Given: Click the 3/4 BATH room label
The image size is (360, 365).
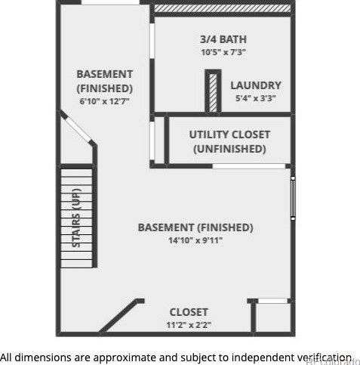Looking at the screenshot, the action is pyautogui.click(x=223, y=39).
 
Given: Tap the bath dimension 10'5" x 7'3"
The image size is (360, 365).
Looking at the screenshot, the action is pyautogui.click(x=223, y=52).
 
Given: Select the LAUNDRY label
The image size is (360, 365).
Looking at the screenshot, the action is pyautogui.click(x=256, y=85).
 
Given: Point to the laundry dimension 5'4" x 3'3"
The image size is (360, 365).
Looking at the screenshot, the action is pyautogui.click(x=256, y=98).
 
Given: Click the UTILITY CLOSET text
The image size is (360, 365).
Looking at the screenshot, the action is pyautogui.click(x=229, y=135).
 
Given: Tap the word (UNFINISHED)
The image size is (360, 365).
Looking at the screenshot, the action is pyautogui.click(x=229, y=149).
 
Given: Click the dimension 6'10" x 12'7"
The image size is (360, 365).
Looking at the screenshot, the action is pyautogui.click(x=104, y=101).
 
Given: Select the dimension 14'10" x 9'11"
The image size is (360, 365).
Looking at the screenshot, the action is pyautogui.click(x=195, y=240).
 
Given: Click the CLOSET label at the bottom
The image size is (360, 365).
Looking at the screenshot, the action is pyautogui.click(x=189, y=312).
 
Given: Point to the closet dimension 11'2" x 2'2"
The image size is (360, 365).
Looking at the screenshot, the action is pyautogui.click(x=189, y=325).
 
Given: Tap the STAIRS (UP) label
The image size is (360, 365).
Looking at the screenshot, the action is pyautogui.click(x=76, y=218).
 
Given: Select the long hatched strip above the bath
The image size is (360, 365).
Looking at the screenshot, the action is pyautogui.click(x=223, y=8).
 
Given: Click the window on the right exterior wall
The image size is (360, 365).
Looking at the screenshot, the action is pyautogui.click(x=293, y=198).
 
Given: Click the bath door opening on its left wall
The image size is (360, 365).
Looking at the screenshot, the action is pyautogui.click(x=152, y=41).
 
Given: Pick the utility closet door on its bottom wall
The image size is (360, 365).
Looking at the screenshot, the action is pyautogui.click(x=249, y=166).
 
